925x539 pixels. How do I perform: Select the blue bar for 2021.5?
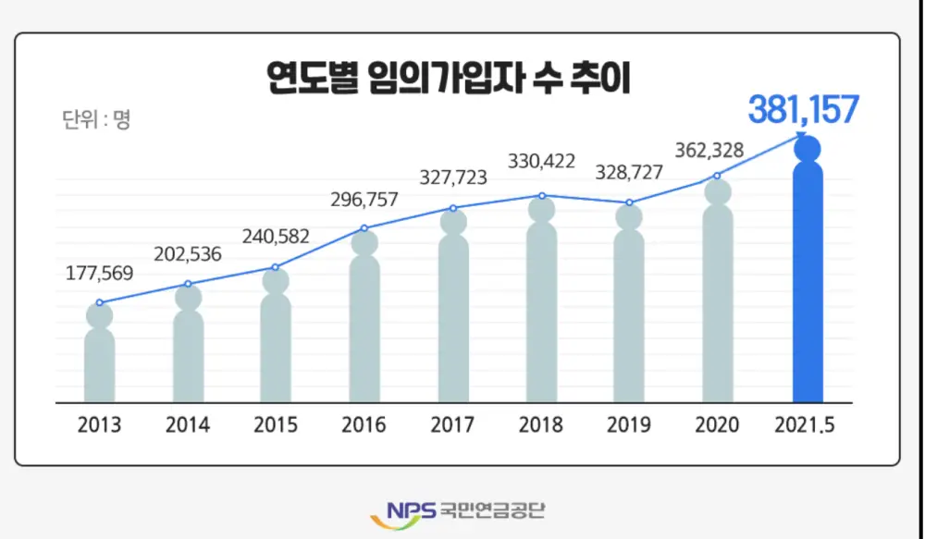(x=808, y=287)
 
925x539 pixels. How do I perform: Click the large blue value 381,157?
(x=804, y=110)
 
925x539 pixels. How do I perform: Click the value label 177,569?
(x=100, y=274)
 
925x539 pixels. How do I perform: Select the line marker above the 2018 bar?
(x=542, y=195)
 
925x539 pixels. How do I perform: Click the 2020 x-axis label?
(x=718, y=426)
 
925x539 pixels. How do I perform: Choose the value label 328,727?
(x=631, y=175)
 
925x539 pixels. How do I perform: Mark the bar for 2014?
(x=189, y=356)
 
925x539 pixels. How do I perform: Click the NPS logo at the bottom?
(x=403, y=509)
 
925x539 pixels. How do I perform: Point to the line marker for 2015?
(x=276, y=267)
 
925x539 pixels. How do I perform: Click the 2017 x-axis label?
(x=453, y=426)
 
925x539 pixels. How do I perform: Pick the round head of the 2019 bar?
(x=629, y=217)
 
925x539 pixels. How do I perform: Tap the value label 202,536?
(x=188, y=254)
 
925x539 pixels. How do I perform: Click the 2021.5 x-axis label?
(x=807, y=426)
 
